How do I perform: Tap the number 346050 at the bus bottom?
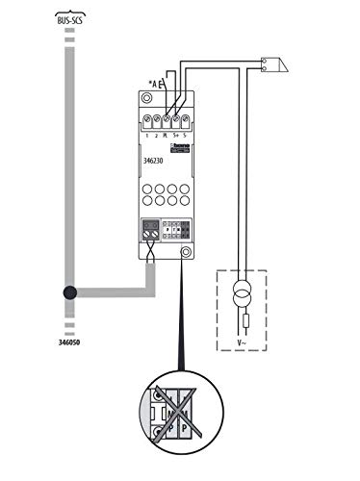(68, 340)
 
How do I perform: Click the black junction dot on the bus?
(68, 293)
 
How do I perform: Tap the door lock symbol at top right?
(273, 66)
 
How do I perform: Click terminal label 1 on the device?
(144, 138)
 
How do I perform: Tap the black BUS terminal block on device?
(149, 231)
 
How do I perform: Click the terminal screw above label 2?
(156, 121)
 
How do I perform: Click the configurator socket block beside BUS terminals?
(176, 231)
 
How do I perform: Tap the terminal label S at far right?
(185, 138)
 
